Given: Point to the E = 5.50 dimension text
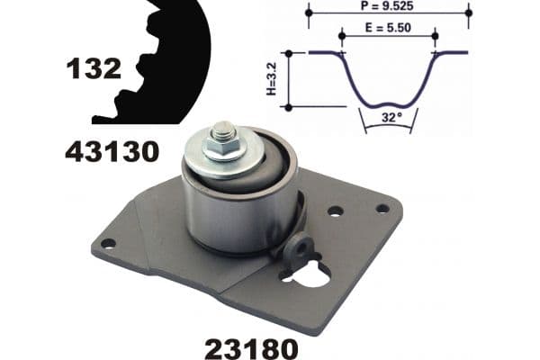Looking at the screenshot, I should (389, 29).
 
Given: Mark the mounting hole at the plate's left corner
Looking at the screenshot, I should (108, 243).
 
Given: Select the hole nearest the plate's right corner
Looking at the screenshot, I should (382, 208).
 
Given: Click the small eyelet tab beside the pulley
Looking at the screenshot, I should (300, 245).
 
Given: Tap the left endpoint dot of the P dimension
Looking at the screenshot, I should (309, 13).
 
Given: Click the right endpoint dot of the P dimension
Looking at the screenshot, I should (468, 13).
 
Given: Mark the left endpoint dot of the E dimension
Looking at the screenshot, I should (342, 35).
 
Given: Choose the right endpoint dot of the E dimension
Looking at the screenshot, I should (435, 35).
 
